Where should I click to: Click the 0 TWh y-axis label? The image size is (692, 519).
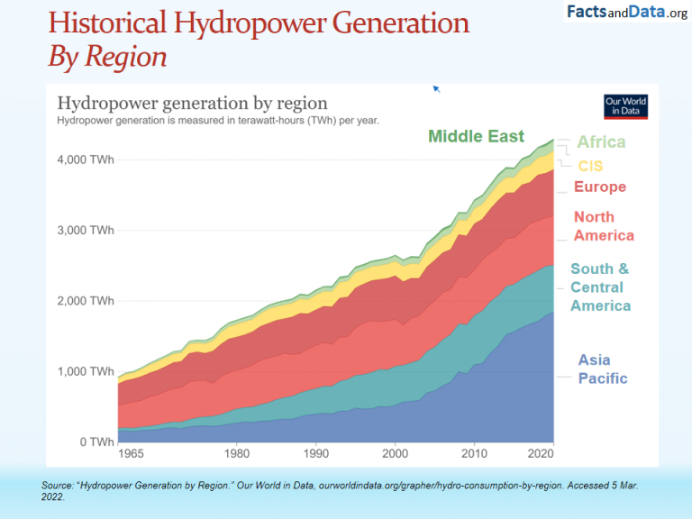pyautogui.click(x=96, y=442)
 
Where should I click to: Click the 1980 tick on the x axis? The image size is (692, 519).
pyautogui.click(x=237, y=453)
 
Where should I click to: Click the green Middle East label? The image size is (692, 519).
pyautogui.click(x=476, y=137)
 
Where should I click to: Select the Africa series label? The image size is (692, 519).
pyautogui.click(x=601, y=142)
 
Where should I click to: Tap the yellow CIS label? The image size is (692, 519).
pyautogui.click(x=590, y=167)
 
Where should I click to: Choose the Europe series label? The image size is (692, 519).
pyautogui.click(x=599, y=187)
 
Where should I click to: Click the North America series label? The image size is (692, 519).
pyautogui.click(x=604, y=226)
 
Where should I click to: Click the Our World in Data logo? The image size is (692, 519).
pyautogui.click(x=626, y=106)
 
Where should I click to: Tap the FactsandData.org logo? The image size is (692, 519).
pyautogui.click(x=627, y=13)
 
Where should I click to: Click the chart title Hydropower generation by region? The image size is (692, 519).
pyautogui.click(x=192, y=104)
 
